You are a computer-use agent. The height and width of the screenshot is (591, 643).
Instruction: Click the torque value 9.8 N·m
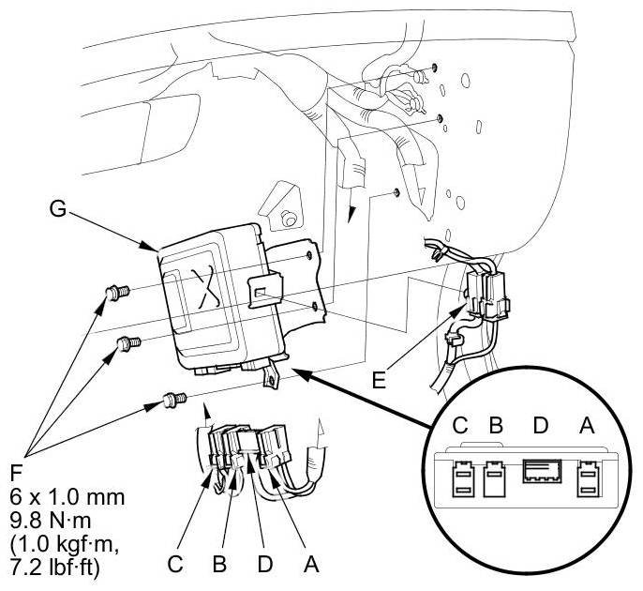(x=64, y=513)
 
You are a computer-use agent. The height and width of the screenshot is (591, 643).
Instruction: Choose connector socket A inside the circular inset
(x=590, y=479)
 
